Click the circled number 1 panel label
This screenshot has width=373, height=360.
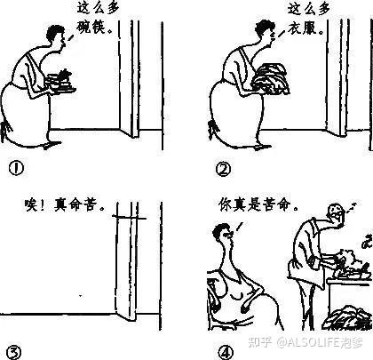click(16, 169)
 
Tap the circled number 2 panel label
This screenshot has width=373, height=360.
click(223, 170)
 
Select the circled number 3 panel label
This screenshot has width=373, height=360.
click(13, 352)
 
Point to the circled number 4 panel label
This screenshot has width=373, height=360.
click(226, 353)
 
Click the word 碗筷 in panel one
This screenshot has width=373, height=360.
click(91, 28)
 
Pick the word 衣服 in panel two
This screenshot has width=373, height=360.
click(302, 28)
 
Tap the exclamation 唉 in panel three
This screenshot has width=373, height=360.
click(32, 205)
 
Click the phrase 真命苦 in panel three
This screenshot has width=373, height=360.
click(75, 204)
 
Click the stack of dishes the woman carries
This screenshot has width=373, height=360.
click(61, 82)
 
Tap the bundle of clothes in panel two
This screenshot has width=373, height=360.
click(271, 78)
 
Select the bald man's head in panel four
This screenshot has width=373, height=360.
click(335, 212)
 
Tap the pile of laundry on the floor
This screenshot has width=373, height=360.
click(345, 319)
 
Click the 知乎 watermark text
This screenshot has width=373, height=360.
click(260, 342)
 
